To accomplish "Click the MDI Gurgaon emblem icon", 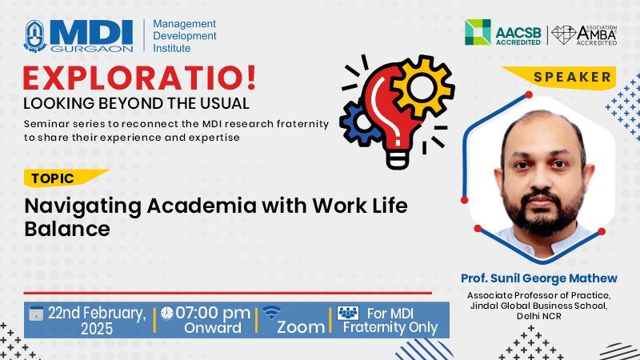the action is tap(35, 36).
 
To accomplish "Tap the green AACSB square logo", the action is tap(478, 32).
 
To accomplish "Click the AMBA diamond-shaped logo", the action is tap(564, 35).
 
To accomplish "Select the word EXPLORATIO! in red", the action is tap(139, 78).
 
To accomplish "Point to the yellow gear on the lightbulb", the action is tap(422, 86).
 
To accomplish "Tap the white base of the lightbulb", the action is tap(397, 158).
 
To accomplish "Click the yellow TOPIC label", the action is tap(53, 178).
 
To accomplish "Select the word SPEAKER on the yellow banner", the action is tap(572, 77).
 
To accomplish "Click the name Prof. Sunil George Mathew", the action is tap(538, 278).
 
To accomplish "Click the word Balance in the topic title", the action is tap(67, 229).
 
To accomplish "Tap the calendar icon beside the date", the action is tap(36, 313).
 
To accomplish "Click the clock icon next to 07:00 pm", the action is tap(166, 313).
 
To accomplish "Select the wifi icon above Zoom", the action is tap(271, 313).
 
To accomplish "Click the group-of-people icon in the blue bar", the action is tap(348, 313).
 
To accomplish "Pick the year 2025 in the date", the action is tap(97, 329).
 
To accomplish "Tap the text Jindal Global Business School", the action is tap(538, 306).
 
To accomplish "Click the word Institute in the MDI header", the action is tap(172, 48).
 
